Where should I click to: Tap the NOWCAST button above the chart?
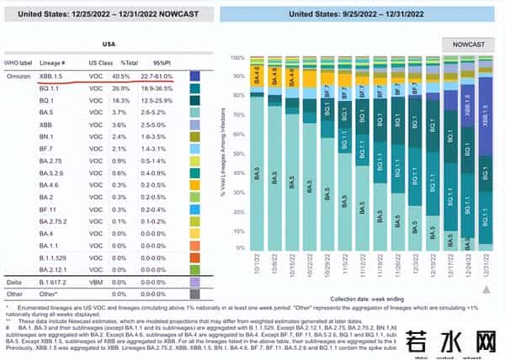469,43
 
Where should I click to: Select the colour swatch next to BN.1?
195,135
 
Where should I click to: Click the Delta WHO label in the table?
16,283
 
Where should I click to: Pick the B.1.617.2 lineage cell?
56,283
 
